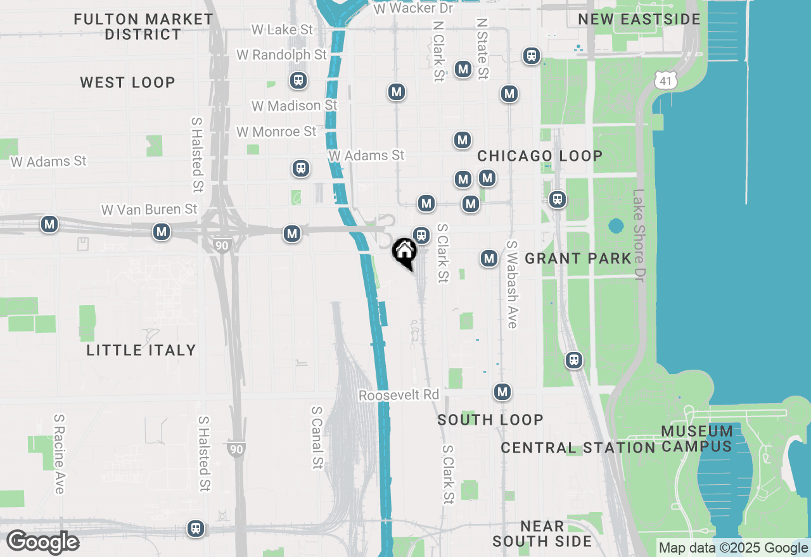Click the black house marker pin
click(404, 253)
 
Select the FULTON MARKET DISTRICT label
click(143, 27)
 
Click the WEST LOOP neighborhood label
click(127, 82)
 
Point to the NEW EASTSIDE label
click(639, 19)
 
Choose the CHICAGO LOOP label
click(540, 156)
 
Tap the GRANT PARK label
click(578, 258)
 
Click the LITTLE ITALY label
click(141, 350)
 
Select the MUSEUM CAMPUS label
click(697, 439)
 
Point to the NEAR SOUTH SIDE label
click(542, 534)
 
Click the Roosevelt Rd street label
click(399, 395)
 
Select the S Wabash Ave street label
click(512, 284)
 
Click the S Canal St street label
click(317, 437)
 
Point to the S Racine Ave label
click(59, 454)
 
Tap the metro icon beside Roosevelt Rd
click(502, 392)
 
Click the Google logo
click(42, 542)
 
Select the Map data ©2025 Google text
click(733, 548)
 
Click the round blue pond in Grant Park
click(615, 226)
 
